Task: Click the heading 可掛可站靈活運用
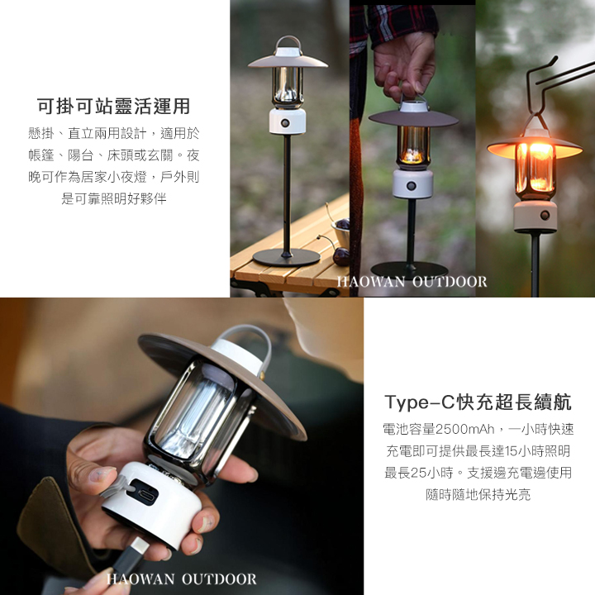(113, 106)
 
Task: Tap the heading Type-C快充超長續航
(478, 402)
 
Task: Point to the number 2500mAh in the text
(464, 429)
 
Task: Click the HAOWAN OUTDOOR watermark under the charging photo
(181, 579)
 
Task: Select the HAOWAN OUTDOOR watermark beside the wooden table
(412, 282)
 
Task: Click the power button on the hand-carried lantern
(411, 186)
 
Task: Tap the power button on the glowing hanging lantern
(545, 216)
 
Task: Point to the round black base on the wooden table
(286, 257)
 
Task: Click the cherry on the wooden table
(340, 255)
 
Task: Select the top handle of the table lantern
(288, 43)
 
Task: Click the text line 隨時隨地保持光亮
(478, 494)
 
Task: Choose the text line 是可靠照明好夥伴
(114, 198)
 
